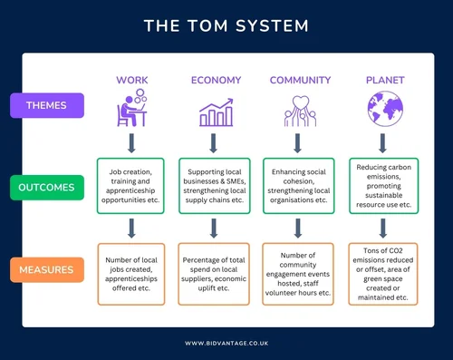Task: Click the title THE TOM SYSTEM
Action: [226, 24]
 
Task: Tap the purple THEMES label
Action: [46, 107]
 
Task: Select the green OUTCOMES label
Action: [46, 189]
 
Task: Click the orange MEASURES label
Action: [46, 268]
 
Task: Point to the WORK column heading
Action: [131, 81]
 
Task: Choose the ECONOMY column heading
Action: [216, 81]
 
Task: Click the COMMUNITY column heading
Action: [299, 81]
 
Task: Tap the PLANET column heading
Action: [384, 81]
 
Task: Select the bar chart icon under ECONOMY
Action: [216, 112]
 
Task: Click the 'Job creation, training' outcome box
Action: [131, 185]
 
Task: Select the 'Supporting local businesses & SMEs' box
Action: [216, 185]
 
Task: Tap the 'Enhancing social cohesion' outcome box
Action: [299, 185]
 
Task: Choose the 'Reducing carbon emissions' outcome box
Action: [384, 185]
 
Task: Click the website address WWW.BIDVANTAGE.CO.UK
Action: [226, 343]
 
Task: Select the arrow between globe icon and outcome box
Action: [384, 142]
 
